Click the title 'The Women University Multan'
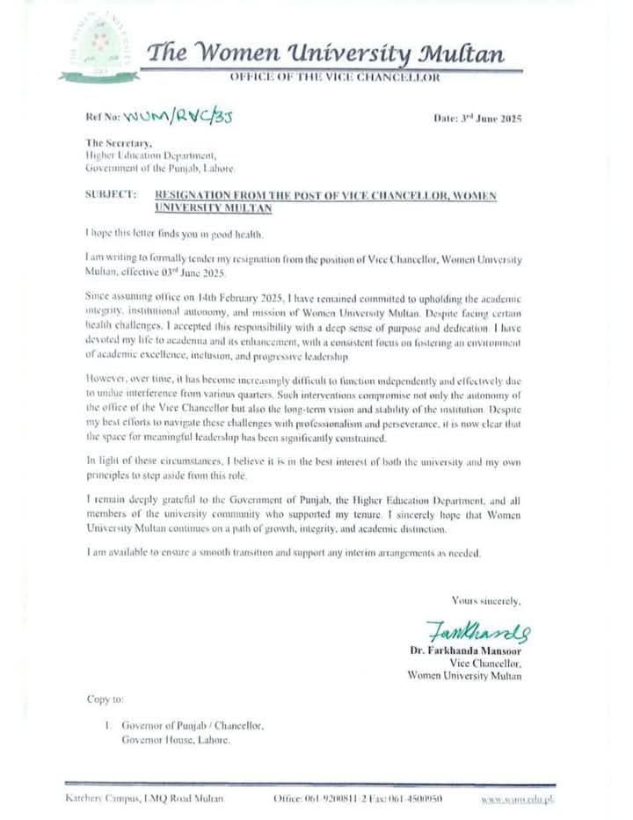pyautogui.click(x=325, y=55)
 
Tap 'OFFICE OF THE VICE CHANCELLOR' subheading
pyautogui.click(x=335, y=78)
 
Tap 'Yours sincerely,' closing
pyautogui.click(x=485, y=601)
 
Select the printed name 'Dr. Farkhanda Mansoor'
pyautogui.click(x=465, y=651)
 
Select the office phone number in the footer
pyautogui.click(x=327, y=798)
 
